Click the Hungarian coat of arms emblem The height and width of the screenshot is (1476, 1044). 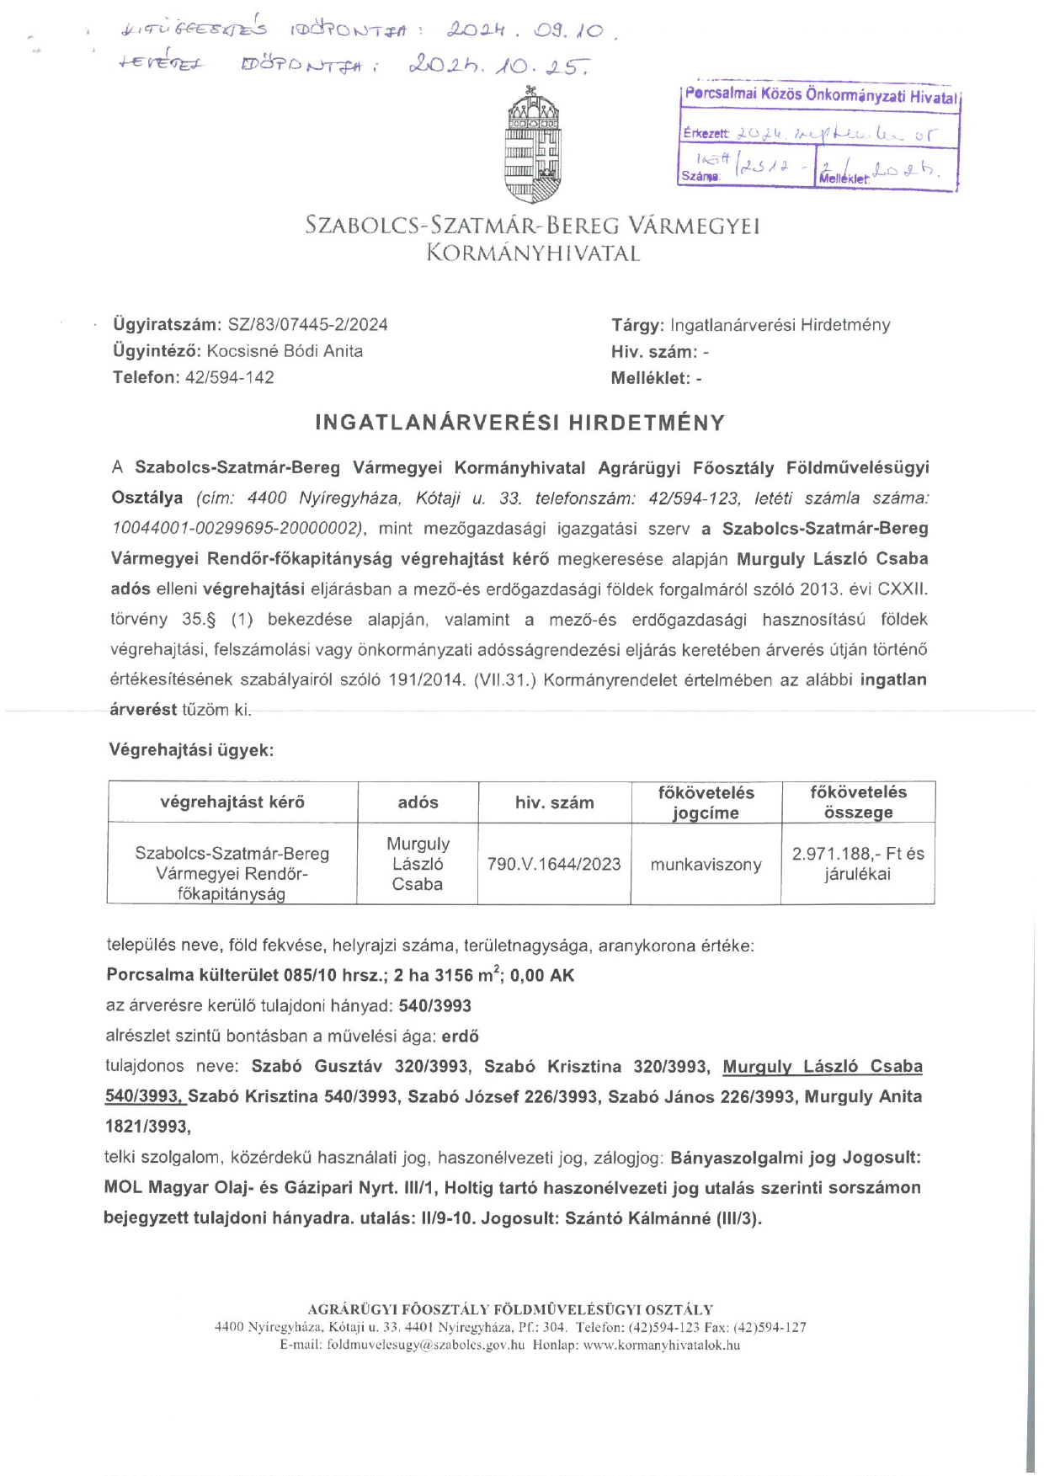(533, 145)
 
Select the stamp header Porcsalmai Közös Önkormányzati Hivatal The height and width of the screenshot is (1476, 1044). (821, 95)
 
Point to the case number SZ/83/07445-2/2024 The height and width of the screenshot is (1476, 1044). (307, 325)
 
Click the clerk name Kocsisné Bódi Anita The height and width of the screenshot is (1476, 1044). (285, 351)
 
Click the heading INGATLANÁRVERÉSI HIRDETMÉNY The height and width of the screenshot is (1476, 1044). (519, 423)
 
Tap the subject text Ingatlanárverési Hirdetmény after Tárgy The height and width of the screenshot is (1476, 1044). (780, 325)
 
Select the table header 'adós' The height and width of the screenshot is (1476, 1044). (418, 802)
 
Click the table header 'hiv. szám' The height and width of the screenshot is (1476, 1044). (554, 802)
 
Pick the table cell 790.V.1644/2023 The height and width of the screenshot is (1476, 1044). (554, 864)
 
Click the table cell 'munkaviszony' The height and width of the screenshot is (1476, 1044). (706, 865)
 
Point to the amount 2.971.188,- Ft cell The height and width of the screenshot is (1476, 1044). (857, 863)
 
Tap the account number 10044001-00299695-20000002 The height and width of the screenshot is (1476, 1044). (237, 528)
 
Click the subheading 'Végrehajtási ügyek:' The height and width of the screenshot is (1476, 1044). (191, 749)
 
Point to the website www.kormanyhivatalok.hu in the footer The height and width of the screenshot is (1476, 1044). (662, 1345)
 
